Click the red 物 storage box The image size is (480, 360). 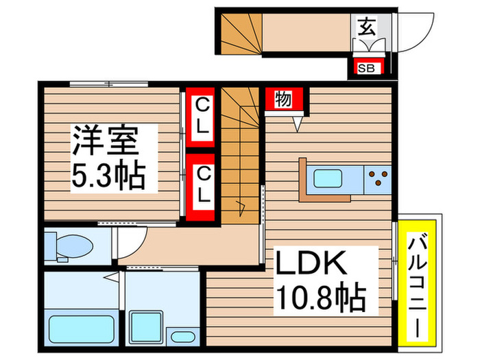tap(283, 99)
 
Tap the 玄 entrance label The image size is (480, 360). tap(366, 29)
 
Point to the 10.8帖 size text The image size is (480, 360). tap(321, 298)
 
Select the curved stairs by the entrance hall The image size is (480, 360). tap(241, 33)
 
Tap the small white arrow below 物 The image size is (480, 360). tap(298, 123)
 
